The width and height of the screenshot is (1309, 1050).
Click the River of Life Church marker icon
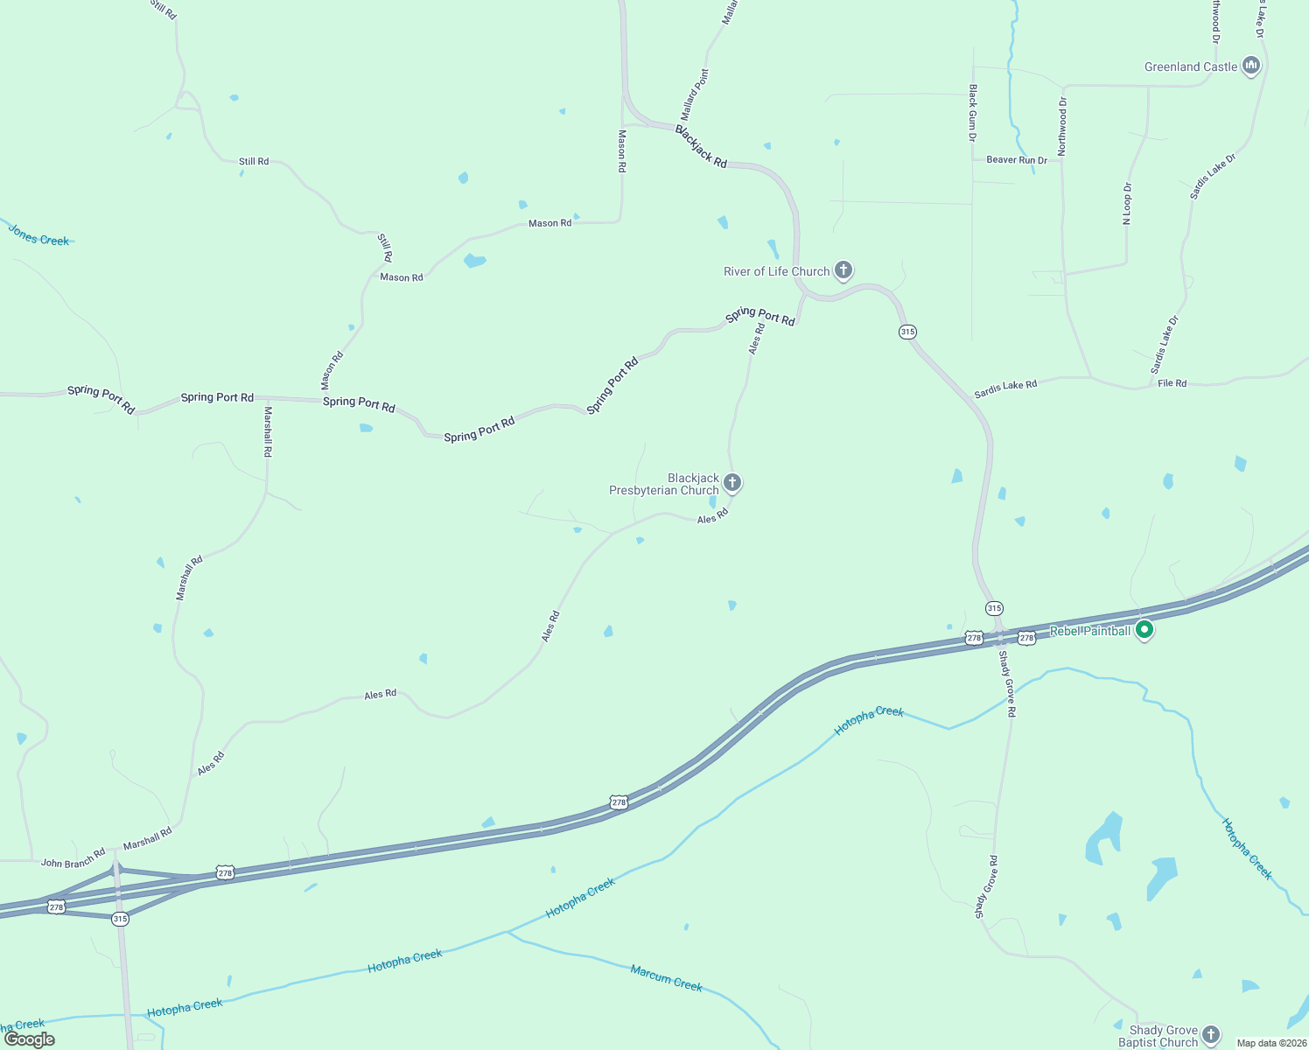tap(843, 269)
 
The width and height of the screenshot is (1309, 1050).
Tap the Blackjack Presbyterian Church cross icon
tap(732, 482)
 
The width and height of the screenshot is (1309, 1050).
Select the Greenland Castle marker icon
tap(1251, 66)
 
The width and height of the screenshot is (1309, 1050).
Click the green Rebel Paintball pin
tap(1144, 630)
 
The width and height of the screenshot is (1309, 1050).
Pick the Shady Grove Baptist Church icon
tap(1211, 1034)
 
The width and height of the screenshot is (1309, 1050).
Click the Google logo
tap(30, 1039)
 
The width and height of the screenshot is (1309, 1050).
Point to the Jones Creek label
tap(38, 235)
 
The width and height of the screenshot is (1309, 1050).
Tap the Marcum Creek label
tap(667, 978)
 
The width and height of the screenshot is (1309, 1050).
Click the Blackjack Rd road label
tap(701, 146)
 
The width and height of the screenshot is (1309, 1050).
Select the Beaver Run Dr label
tap(1017, 160)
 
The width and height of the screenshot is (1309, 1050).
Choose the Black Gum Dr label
tap(973, 113)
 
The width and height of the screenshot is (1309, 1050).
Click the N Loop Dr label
tap(1127, 204)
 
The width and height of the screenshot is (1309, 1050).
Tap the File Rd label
tap(1172, 383)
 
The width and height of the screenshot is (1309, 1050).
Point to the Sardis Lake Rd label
tap(1005, 389)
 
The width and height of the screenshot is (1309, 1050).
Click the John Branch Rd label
tap(73, 857)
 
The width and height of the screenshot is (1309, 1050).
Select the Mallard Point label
tap(696, 95)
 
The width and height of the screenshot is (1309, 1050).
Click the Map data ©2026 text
tap(1271, 1043)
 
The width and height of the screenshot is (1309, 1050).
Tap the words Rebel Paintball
tap(1089, 631)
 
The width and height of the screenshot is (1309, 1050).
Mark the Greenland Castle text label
tap(1191, 66)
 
